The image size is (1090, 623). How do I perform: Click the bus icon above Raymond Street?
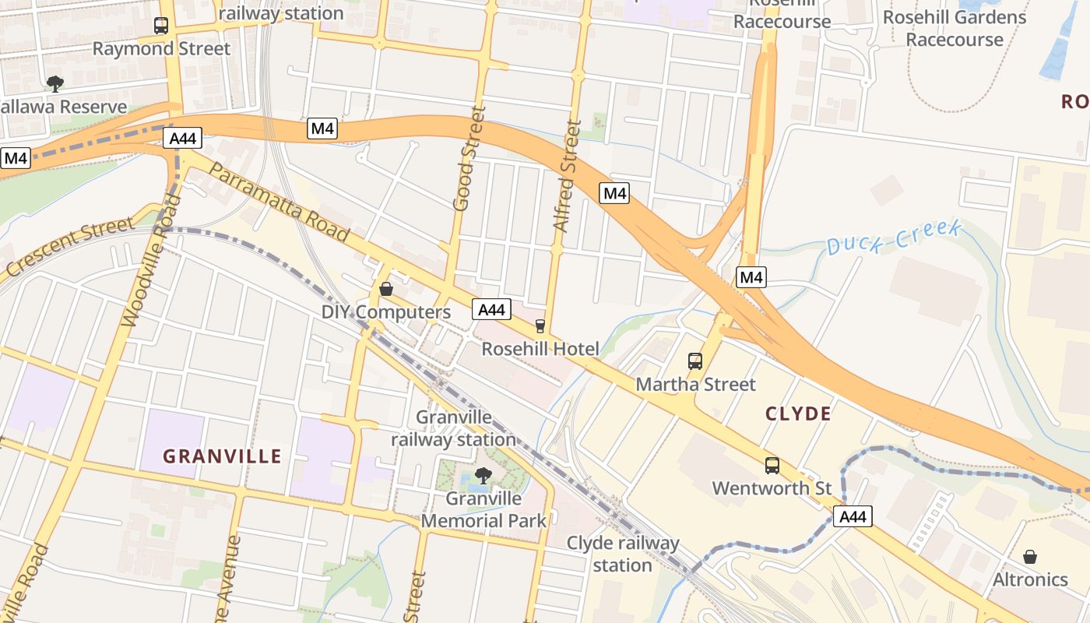tap(161, 26)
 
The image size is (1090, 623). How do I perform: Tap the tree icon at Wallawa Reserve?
tap(54, 83)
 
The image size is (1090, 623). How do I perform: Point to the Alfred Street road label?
tap(567, 175)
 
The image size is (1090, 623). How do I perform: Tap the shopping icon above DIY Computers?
tap(386, 290)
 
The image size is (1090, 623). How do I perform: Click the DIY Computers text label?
tap(386, 312)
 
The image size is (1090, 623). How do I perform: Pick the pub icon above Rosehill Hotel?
tap(540, 326)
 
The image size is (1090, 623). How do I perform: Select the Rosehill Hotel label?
tap(540, 349)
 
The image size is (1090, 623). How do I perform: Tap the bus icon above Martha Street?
tap(695, 361)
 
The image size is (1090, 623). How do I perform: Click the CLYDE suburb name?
tap(798, 414)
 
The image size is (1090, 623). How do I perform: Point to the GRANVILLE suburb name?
tap(222, 456)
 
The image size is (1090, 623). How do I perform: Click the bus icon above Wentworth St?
tap(772, 466)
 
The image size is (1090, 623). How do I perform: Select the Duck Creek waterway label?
tap(894, 238)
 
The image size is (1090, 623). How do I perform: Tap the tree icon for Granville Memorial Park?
tap(483, 474)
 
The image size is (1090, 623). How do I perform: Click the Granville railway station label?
tap(453, 428)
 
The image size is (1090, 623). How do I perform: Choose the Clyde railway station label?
tap(623, 554)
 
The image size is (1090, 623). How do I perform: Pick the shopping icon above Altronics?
tap(1030, 557)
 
